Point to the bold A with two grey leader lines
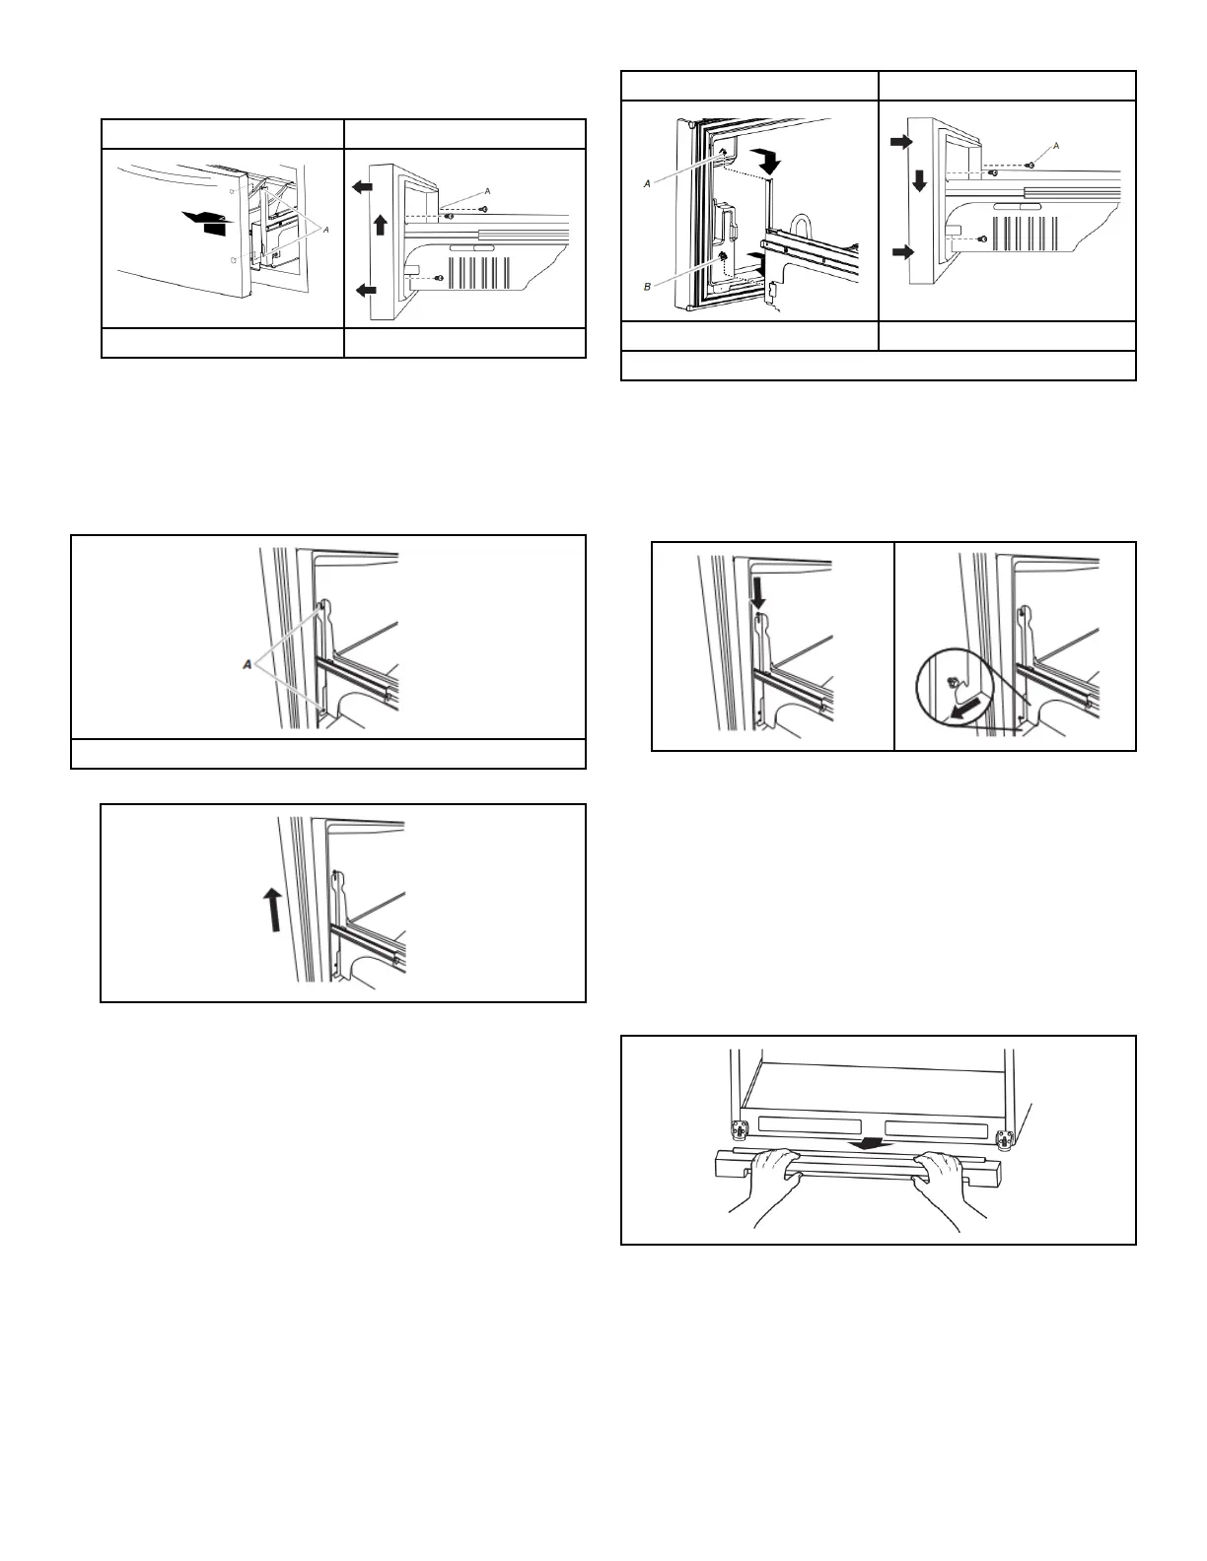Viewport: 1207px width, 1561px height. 248,666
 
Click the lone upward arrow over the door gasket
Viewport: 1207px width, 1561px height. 273,908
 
